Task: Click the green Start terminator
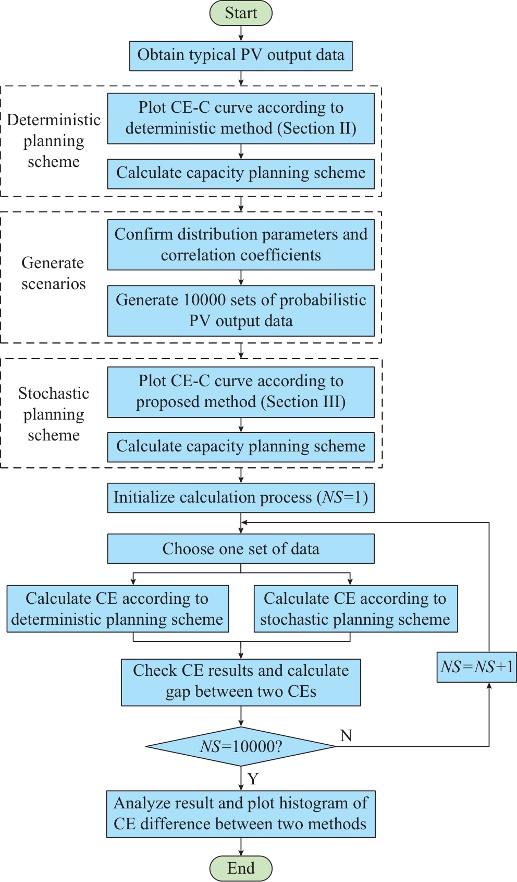pos(241,13)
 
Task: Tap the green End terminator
pos(241,868)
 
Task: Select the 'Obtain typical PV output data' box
pos(241,55)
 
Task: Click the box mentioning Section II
pos(241,118)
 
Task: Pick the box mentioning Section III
pos(241,392)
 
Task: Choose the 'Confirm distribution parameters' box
pos(241,245)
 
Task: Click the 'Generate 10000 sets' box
pos(241,311)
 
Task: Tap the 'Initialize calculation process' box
pos(241,497)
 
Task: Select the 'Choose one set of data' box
pos(241,549)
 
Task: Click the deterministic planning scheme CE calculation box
pos(118,609)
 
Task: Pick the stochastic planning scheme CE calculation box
pos(355,609)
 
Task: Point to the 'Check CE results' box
pos(241,682)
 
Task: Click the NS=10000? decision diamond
pos(241,746)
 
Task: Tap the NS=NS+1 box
pos(476,667)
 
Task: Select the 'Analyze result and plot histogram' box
pos(241,814)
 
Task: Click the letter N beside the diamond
pos(346,735)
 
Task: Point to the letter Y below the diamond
pos(253,779)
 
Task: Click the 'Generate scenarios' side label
pos(53,273)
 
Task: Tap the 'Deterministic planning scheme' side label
pos(54,141)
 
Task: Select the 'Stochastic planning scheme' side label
pos(54,414)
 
